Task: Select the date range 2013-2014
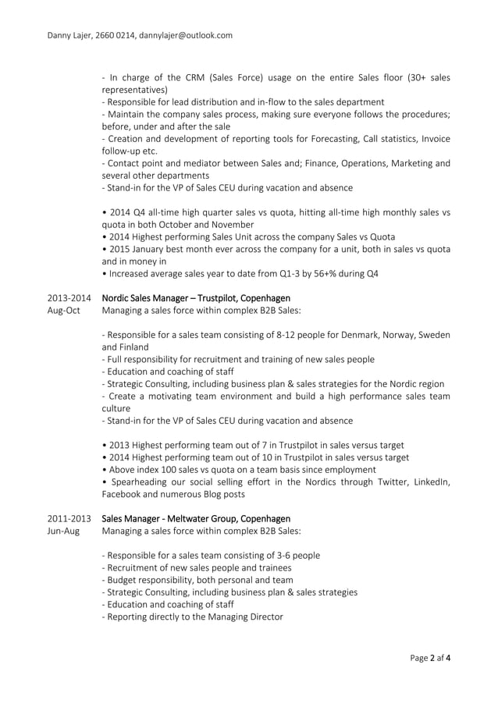(69, 298)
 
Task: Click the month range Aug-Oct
(64, 311)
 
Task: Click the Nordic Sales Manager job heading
(196, 298)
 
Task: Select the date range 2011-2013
(69, 518)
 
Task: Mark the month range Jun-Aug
(64, 531)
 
